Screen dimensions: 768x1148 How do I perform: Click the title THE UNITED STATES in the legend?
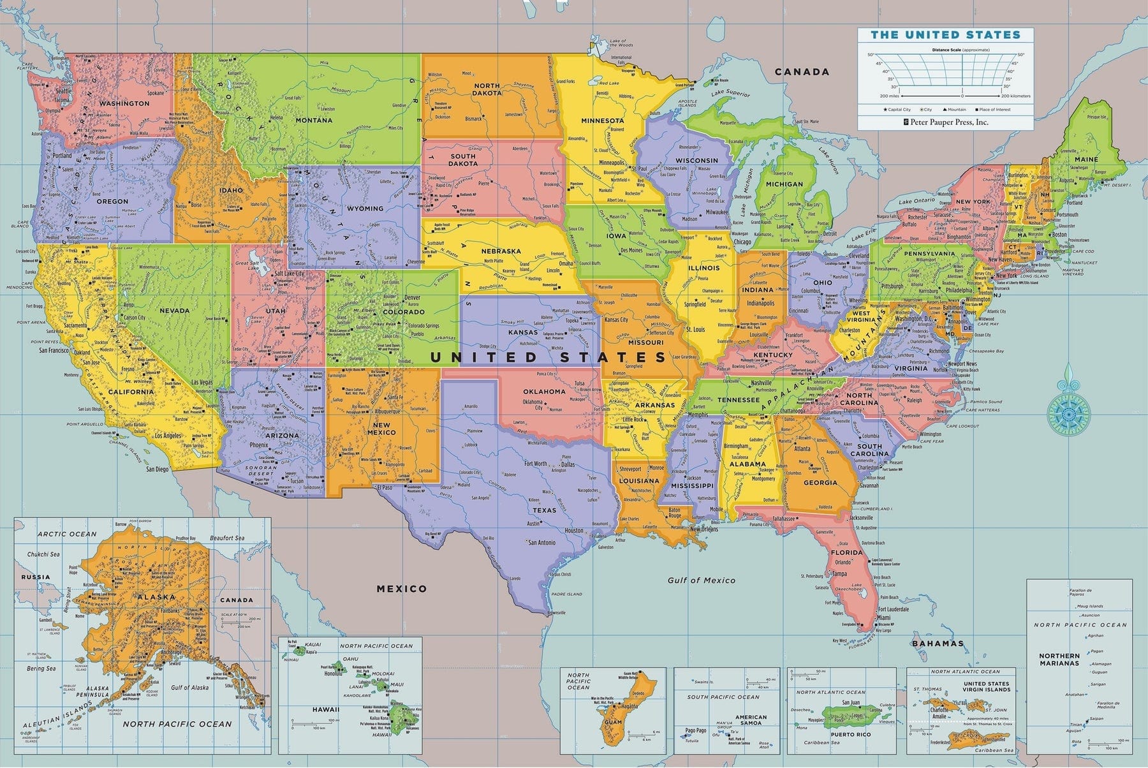pyautogui.click(x=946, y=35)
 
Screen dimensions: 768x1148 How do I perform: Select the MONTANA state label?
pyautogui.click(x=314, y=120)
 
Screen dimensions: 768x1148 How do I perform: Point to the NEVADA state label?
pyautogui.click(x=174, y=311)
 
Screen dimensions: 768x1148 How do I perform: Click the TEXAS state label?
pyautogui.click(x=545, y=510)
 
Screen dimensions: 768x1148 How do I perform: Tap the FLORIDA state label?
pyautogui.click(x=847, y=552)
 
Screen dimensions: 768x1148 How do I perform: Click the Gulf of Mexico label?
pyautogui.click(x=702, y=580)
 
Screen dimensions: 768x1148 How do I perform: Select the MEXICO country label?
pyautogui.click(x=401, y=589)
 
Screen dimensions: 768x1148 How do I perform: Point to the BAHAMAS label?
pyautogui.click(x=938, y=643)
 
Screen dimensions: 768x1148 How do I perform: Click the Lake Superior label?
pyautogui.click(x=731, y=94)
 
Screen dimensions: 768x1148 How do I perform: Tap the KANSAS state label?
pyautogui.click(x=523, y=332)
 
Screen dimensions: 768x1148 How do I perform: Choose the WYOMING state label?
pyautogui.click(x=365, y=209)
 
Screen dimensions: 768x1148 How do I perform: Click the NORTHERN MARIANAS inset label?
pyautogui.click(x=1059, y=659)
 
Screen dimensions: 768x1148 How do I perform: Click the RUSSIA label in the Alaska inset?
pyautogui.click(x=35, y=577)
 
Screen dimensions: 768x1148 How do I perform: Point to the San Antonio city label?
pyautogui.click(x=542, y=543)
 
